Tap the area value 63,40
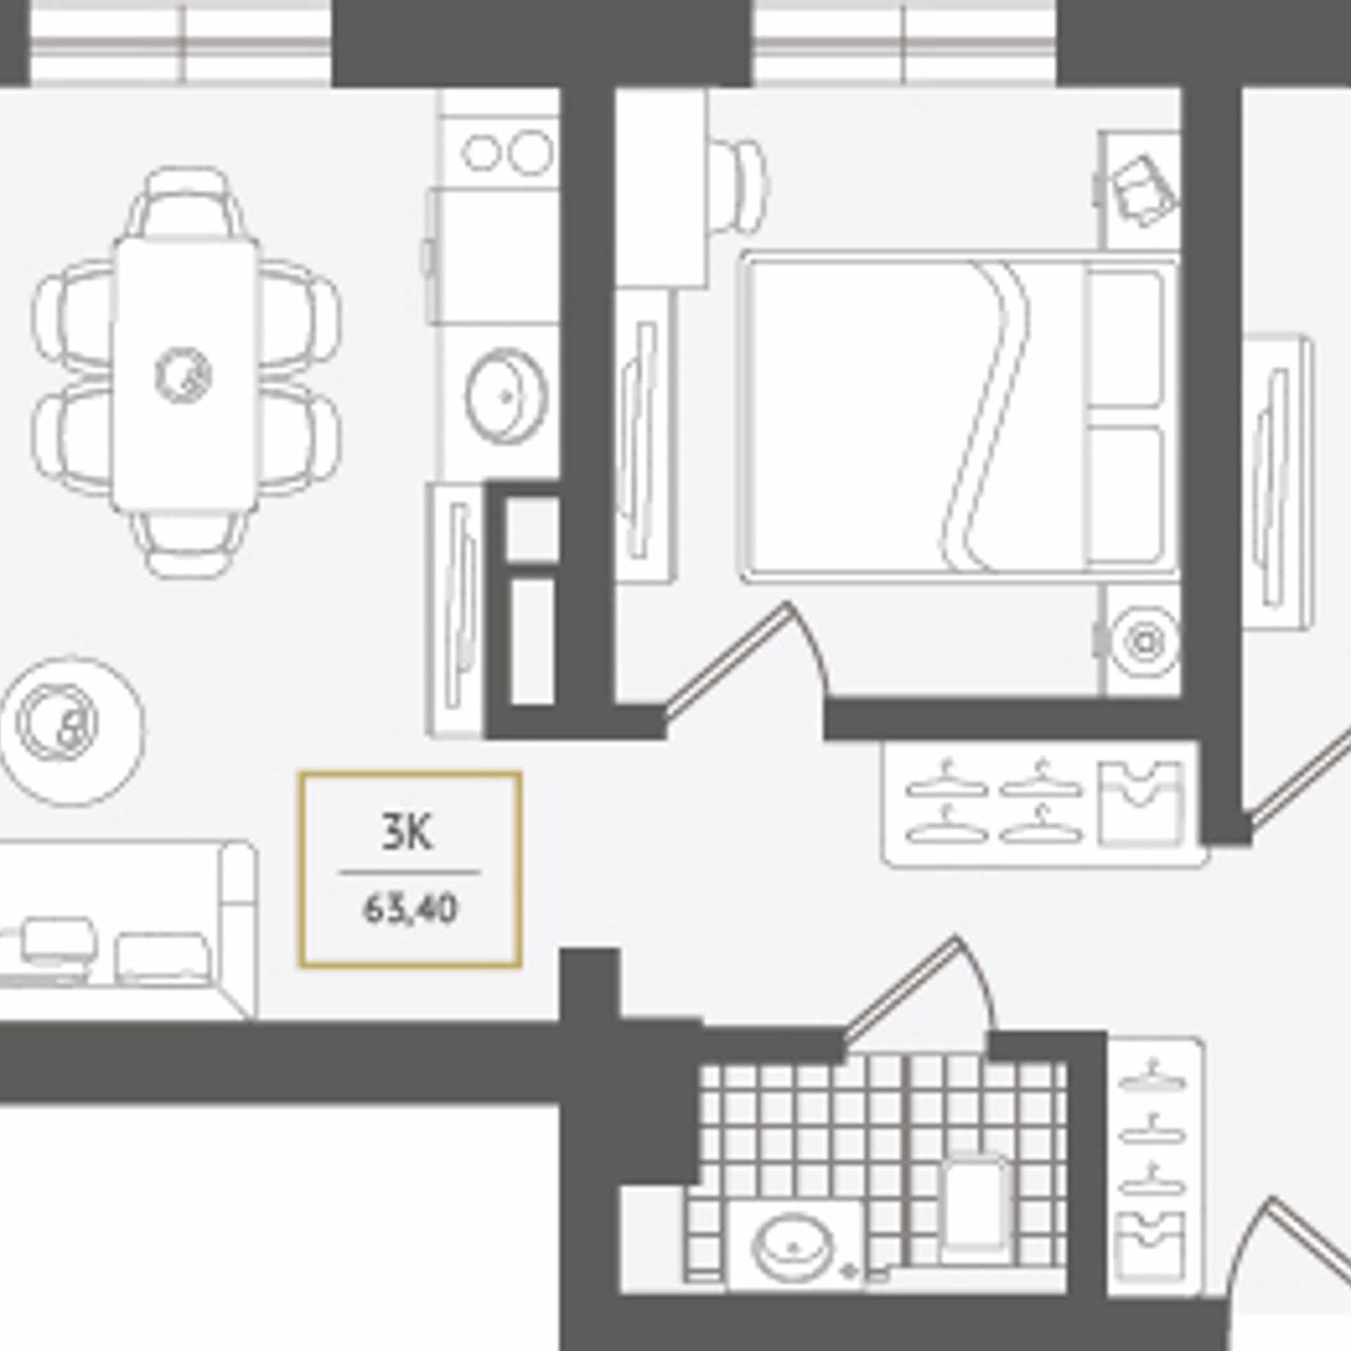tap(410, 910)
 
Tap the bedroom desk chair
tap(737, 186)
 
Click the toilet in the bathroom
tap(975, 1207)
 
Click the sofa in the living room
tap(127, 930)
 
